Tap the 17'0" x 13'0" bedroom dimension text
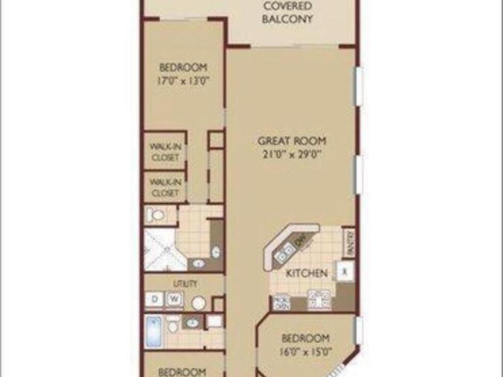pos(183,81)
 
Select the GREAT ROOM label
pos(292,141)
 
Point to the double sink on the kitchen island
pos(285,252)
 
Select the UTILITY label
pos(186,284)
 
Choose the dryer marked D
pos(154,299)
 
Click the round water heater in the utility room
pos(198,303)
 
